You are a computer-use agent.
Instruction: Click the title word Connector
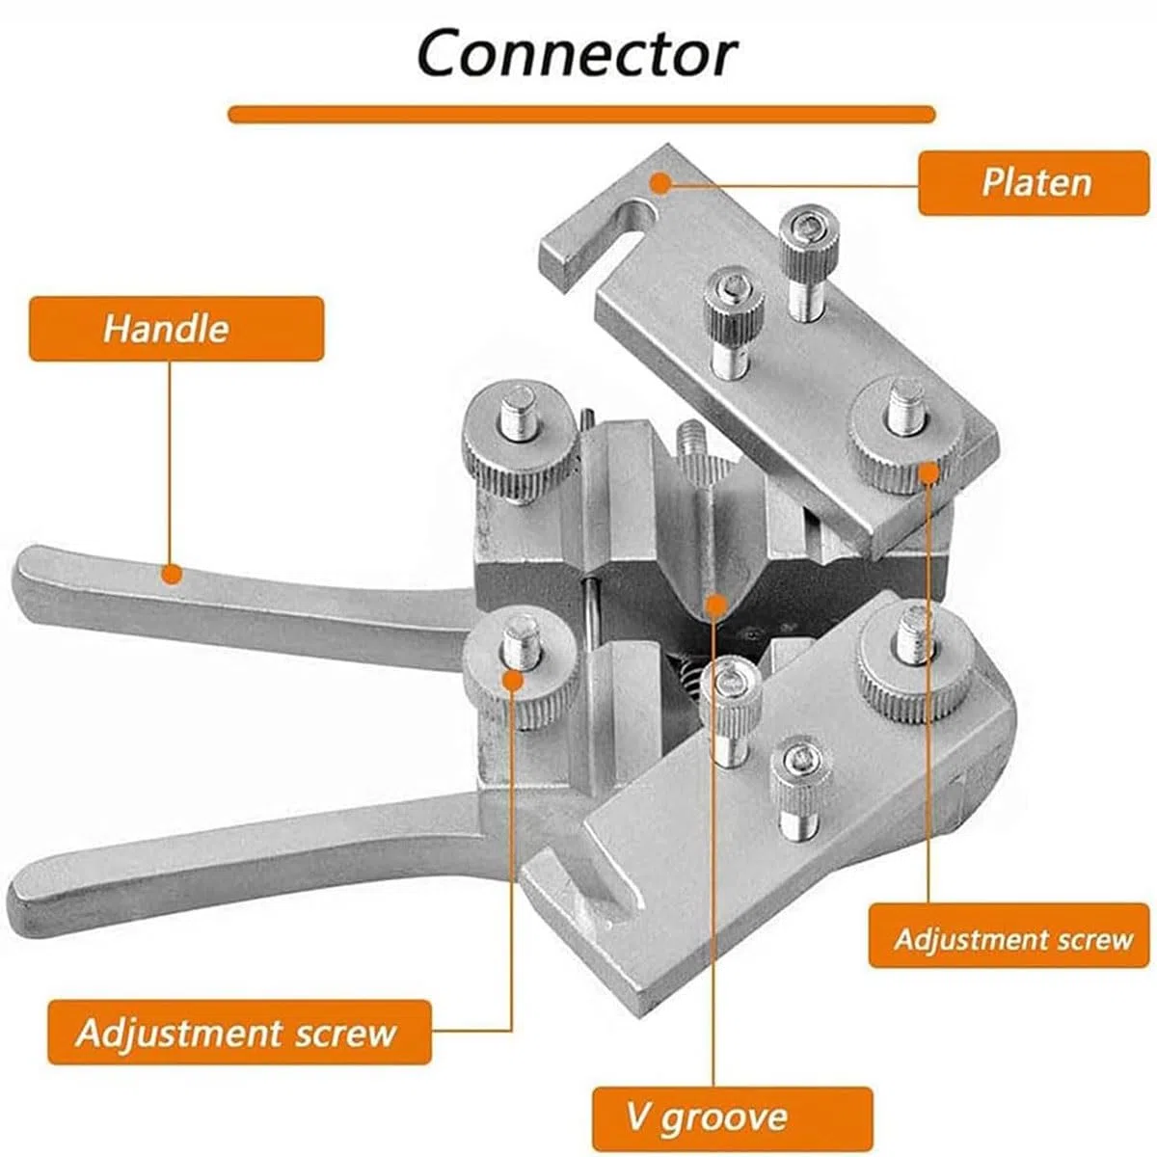(x=577, y=54)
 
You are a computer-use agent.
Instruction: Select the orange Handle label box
(x=176, y=329)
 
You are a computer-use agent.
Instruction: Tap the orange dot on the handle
(x=173, y=575)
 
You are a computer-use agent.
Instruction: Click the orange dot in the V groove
(x=714, y=605)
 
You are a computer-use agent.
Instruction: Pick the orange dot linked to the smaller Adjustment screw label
(x=928, y=471)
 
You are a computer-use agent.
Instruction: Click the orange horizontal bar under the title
(x=581, y=114)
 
